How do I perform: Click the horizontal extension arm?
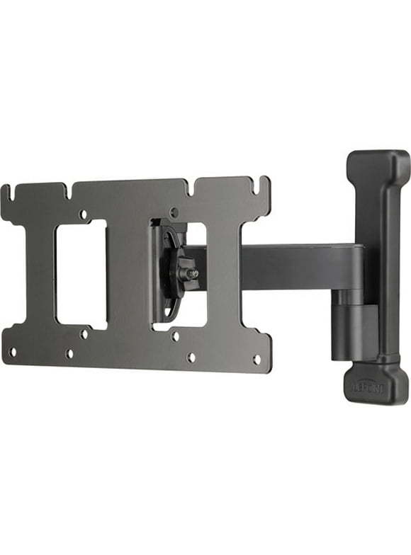298,266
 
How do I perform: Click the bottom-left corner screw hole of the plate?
12,351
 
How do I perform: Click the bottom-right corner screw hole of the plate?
257,360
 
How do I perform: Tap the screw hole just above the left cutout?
83,213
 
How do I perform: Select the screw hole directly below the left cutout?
84,333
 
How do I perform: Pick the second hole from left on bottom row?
69,353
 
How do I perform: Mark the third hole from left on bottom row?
191,357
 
